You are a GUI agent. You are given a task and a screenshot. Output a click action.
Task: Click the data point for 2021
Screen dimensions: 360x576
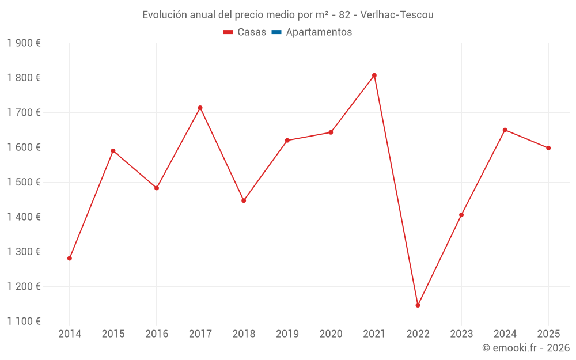coord(374,75)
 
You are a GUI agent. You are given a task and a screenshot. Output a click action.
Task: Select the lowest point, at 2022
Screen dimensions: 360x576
coord(418,305)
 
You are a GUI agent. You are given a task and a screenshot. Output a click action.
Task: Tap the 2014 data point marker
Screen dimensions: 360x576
coord(70,258)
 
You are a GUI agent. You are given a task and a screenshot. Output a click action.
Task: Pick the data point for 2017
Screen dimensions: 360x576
coord(200,108)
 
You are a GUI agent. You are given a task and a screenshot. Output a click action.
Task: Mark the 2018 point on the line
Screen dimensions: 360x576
coord(244,200)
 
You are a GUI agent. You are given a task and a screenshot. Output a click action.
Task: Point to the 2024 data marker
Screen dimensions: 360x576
coord(505,130)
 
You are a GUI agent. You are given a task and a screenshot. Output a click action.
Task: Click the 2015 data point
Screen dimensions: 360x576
coord(113,151)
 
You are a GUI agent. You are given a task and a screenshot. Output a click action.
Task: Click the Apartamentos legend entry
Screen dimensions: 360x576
coord(319,32)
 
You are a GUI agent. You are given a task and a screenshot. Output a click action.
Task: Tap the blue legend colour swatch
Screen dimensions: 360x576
coord(276,32)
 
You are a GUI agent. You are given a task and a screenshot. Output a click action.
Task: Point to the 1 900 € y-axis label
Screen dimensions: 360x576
coord(24,43)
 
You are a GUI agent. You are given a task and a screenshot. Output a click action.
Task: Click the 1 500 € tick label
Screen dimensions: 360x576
coord(24,182)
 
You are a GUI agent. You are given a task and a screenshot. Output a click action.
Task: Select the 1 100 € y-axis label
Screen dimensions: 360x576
coord(24,321)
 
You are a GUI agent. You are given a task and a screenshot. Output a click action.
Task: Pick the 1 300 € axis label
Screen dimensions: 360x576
coord(24,252)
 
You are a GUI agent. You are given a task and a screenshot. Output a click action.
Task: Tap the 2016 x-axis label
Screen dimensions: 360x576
coord(157,334)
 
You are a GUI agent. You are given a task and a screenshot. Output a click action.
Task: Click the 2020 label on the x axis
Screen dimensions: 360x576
coord(331,334)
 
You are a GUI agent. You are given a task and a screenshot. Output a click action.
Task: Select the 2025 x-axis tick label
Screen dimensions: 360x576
coord(548,334)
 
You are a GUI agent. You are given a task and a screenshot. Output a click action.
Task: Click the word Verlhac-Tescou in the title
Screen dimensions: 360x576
coord(397,15)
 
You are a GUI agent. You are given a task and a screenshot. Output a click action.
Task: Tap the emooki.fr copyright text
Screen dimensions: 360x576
coord(526,348)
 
